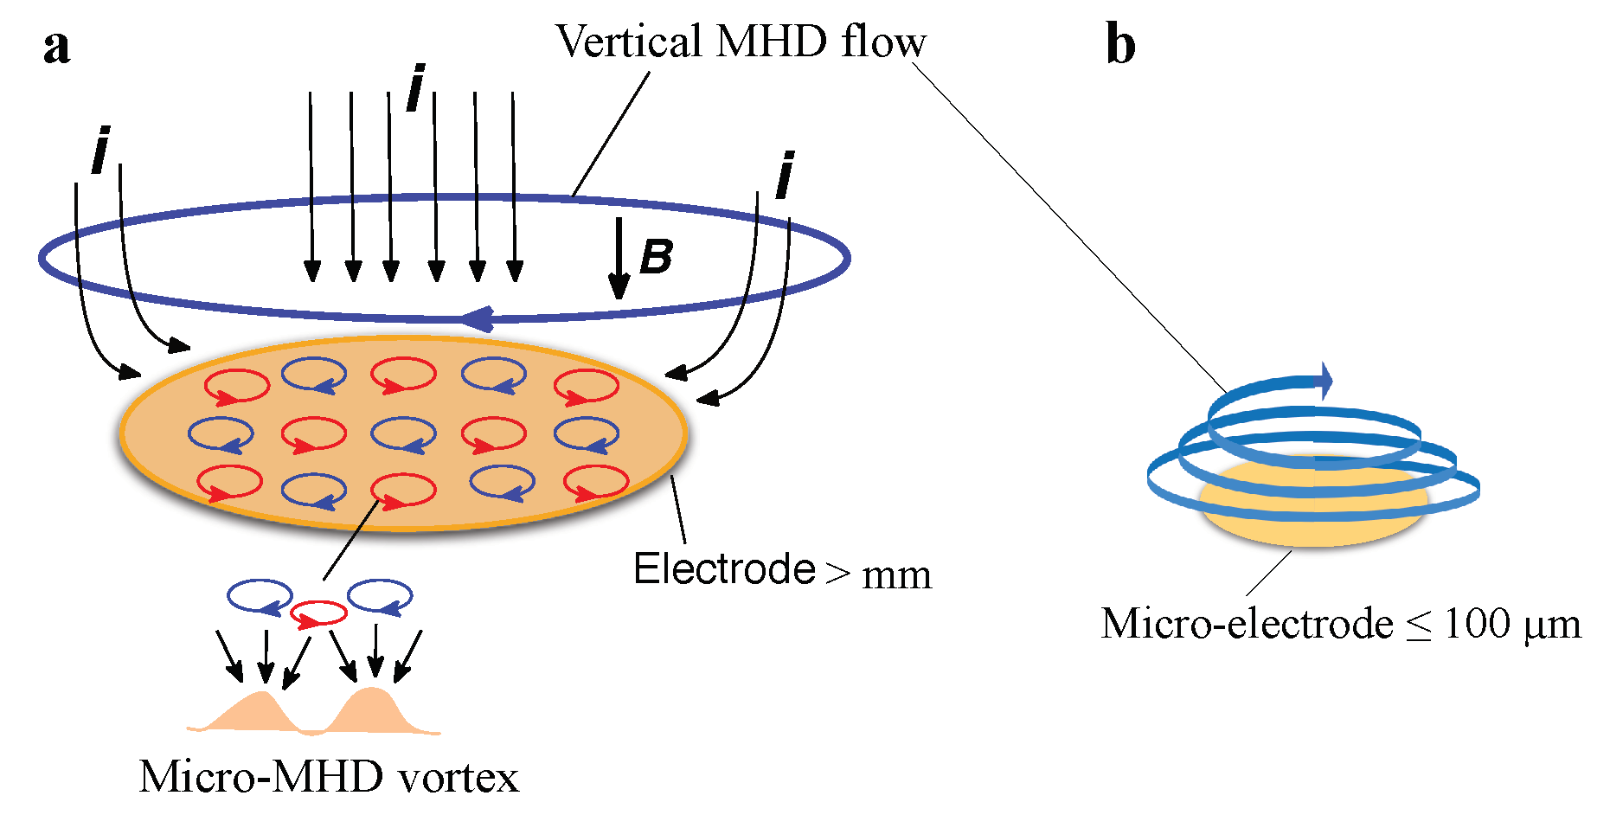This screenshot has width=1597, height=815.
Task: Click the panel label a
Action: [x=56, y=47]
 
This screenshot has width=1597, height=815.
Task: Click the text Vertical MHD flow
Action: [x=740, y=42]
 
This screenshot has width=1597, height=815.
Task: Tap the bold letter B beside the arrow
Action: [x=657, y=257]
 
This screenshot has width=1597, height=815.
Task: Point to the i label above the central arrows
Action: [x=416, y=88]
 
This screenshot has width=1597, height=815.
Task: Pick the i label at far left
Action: [x=101, y=151]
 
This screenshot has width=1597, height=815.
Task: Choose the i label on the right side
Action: [x=785, y=176]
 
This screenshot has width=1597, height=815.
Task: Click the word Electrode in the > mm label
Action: [x=724, y=569]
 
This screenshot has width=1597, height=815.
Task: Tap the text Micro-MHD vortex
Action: [x=329, y=776]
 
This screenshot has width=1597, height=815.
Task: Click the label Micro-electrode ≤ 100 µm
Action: [x=1340, y=623]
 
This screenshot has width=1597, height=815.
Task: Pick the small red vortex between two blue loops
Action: [x=318, y=614]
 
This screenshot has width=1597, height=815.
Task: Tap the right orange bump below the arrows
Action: [x=374, y=709]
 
